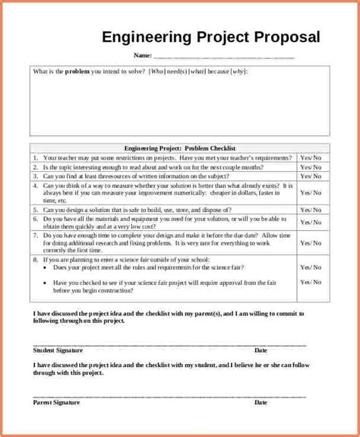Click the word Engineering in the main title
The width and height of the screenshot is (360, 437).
tap(141, 37)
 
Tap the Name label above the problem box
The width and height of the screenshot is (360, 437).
tap(142, 55)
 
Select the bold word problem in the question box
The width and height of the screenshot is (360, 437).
tap(77, 72)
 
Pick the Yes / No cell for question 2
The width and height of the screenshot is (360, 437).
tap(311, 166)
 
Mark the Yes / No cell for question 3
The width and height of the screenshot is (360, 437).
tap(311, 176)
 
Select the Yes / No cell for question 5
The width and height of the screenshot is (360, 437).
tap(311, 211)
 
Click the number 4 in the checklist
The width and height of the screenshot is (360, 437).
tap(35, 185)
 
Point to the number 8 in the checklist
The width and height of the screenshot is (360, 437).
tap(35, 258)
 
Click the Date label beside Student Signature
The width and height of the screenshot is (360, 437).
tap(261, 350)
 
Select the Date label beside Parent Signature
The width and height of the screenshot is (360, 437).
tap(261, 402)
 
